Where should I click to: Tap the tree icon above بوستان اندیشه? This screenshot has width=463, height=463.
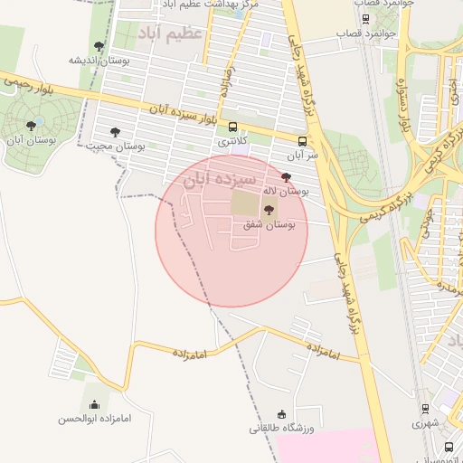[x=99, y=46]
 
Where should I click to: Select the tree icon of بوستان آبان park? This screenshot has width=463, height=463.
[x=32, y=127]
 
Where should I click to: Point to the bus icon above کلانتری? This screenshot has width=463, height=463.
[x=233, y=128]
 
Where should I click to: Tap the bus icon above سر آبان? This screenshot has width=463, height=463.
[x=302, y=141]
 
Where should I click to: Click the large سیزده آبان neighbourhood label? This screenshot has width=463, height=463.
[x=220, y=179]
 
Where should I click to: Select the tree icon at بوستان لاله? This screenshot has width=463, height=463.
[x=287, y=177]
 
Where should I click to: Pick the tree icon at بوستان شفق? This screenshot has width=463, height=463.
[x=268, y=209]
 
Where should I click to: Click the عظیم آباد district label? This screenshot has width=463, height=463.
[x=172, y=34]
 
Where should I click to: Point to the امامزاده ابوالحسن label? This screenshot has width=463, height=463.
[x=95, y=419]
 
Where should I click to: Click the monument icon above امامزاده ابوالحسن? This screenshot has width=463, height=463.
[x=95, y=404]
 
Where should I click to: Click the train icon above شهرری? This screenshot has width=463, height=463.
[x=425, y=409]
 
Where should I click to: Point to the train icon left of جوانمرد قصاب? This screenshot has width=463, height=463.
[x=365, y=18]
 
